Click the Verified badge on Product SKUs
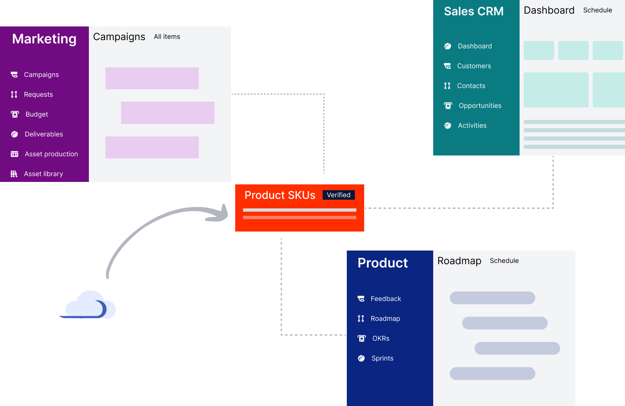(339, 195)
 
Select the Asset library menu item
(43, 174)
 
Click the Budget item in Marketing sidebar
(37, 115)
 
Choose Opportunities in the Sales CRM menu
(479, 106)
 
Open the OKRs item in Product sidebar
(381, 339)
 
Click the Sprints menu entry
(382, 358)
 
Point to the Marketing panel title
(44, 39)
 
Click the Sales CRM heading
(474, 12)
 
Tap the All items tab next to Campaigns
(167, 37)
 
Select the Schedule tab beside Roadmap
(504, 261)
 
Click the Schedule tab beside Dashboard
(597, 10)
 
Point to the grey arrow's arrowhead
(221, 213)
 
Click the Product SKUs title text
(280, 195)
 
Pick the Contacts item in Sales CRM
(471, 86)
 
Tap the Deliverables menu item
(44, 134)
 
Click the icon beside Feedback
(361, 299)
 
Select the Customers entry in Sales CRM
(474, 66)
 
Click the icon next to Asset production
(14, 154)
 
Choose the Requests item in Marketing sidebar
(38, 95)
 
